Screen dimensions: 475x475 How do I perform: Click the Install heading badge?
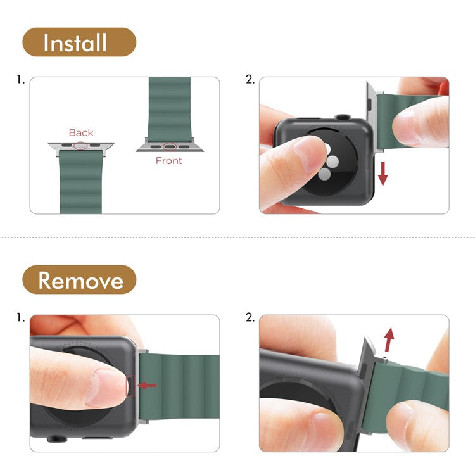pos(79,42)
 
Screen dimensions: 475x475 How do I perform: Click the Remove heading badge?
pos(79,279)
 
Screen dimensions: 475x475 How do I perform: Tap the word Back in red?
pos(81,132)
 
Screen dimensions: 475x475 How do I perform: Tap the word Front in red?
pos(168,161)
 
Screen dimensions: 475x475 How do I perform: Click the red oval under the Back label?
pos(81,146)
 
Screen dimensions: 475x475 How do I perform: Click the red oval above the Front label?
pos(169,147)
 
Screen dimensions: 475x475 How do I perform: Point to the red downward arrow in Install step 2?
pos(383,173)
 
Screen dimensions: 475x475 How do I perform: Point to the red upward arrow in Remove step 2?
pos(389,339)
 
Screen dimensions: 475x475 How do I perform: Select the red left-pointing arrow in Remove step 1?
pos(146,384)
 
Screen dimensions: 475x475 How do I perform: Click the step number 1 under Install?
pos(21,80)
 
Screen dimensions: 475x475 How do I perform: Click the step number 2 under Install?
pos(250,80)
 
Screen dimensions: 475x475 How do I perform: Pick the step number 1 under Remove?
pos(21,317)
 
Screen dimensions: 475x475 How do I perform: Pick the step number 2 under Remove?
pos(250,317)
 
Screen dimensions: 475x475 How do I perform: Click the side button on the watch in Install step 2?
pos(343,117)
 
